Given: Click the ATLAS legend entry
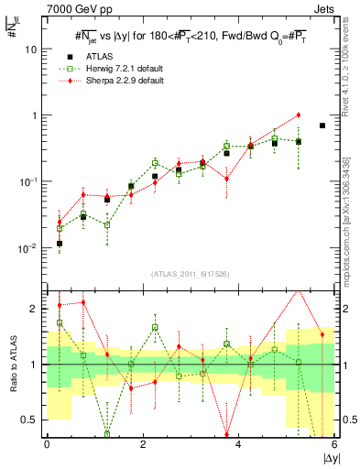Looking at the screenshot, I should click(95, 58).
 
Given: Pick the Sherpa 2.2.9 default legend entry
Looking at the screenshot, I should click(112, 82).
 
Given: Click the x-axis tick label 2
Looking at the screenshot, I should click(143, 444).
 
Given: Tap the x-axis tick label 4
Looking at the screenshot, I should click(238, 444).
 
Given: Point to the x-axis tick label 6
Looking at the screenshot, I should click(333, 444).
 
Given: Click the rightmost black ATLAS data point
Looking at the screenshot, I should click(322, 125).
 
